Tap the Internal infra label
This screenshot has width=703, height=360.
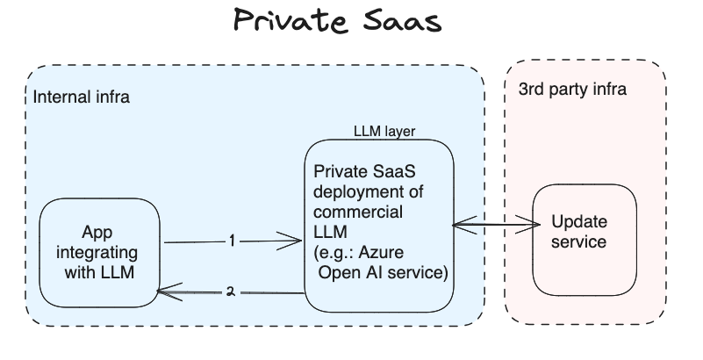[81, 97]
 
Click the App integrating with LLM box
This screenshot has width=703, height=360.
[99, 253]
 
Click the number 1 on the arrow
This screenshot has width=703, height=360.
[232, 240]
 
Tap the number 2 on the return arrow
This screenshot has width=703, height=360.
[230, 292]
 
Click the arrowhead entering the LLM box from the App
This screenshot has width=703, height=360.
[294, 240]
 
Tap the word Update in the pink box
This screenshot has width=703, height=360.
[578, 221]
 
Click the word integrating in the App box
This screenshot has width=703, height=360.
[99, 253]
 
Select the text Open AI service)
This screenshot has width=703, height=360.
[383, 273]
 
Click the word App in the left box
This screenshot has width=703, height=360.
[99, 233]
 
